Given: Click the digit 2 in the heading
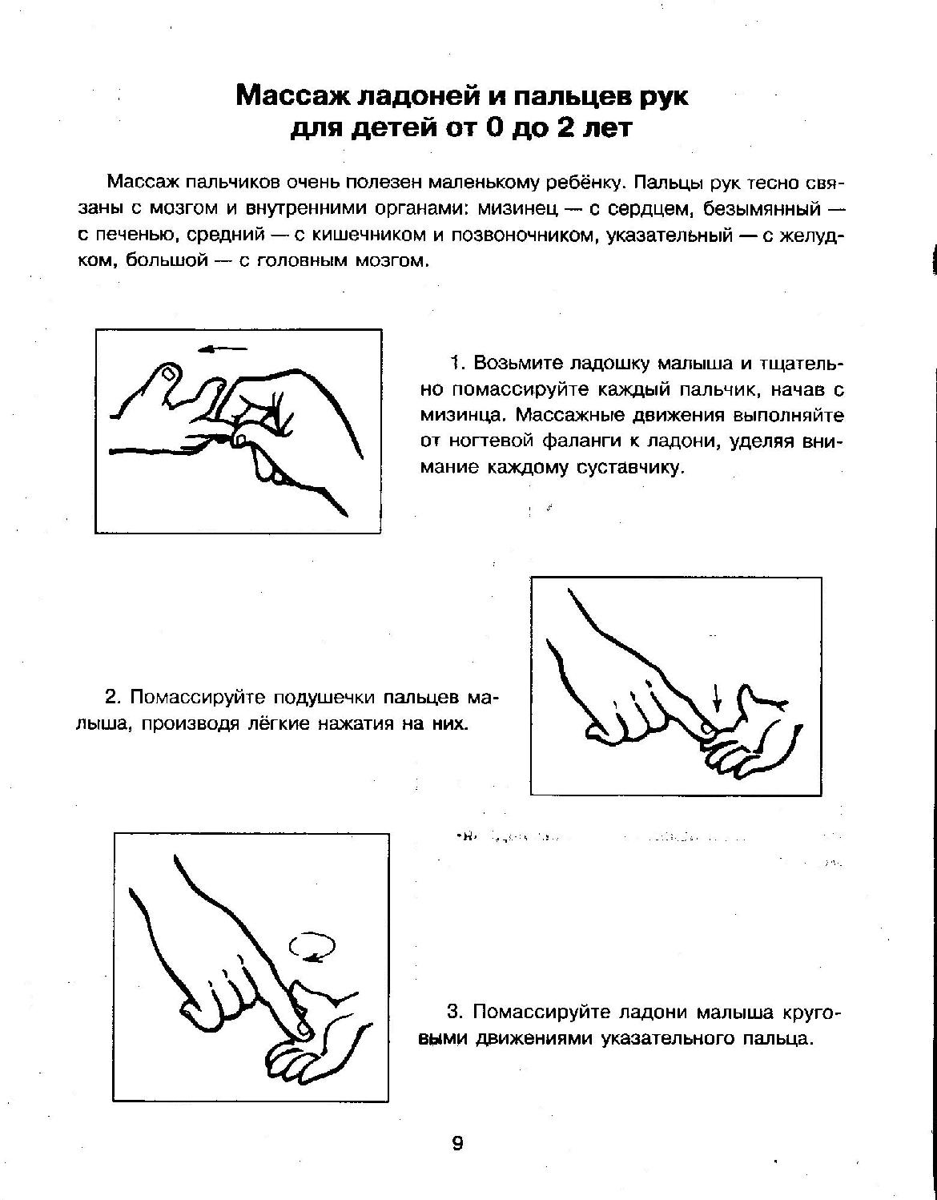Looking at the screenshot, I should pos(565,128).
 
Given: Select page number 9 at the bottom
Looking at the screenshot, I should pos(457,1142).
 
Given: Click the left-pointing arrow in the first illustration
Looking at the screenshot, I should pos(223,348).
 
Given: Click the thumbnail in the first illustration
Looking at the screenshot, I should pos(168,373).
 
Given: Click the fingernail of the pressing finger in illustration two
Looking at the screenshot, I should pos(705,728).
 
